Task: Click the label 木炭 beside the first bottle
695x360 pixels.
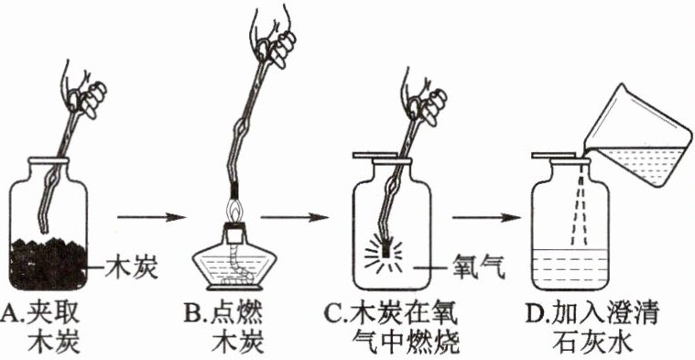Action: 131,267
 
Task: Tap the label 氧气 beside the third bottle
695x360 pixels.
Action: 478,267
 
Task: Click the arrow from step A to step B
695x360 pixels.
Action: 151,217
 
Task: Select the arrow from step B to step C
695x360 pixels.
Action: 294,217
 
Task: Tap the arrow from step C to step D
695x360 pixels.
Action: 486,217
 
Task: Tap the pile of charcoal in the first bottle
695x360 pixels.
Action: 49,265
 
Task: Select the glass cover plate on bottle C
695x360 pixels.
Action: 375,156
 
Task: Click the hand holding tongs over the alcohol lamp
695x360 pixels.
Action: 272,38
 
